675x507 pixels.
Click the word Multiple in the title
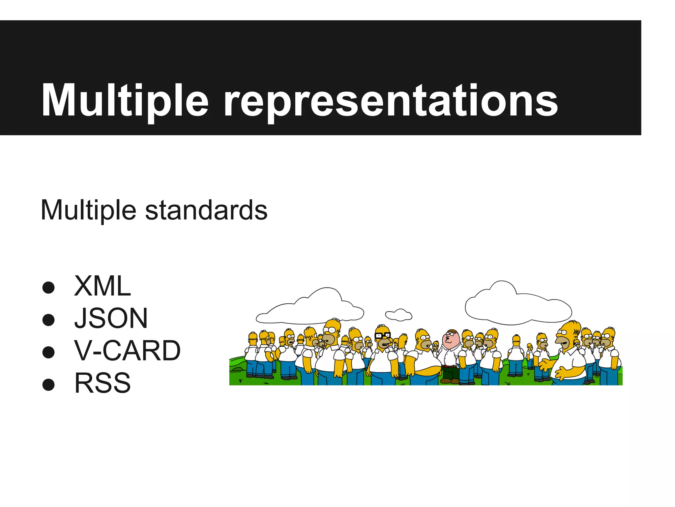click(125, 101)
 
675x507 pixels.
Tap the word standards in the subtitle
click(206, 211)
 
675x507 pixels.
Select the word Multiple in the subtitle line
click(88, 211)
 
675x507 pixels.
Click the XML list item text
click(103, 286)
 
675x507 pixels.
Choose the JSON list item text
click(111, 318)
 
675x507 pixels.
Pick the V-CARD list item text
click(128, 351)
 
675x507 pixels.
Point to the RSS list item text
click(103, 383)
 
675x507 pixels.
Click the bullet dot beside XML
click(48, 287)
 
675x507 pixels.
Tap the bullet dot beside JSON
click(48, 320)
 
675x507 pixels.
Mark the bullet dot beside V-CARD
click(48, 352)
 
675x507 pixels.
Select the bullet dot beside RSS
click(48, 384)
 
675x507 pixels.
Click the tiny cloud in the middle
click(399, 315)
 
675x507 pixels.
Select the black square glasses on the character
click(383, 336)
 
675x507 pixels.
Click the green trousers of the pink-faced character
click(450, 373)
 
